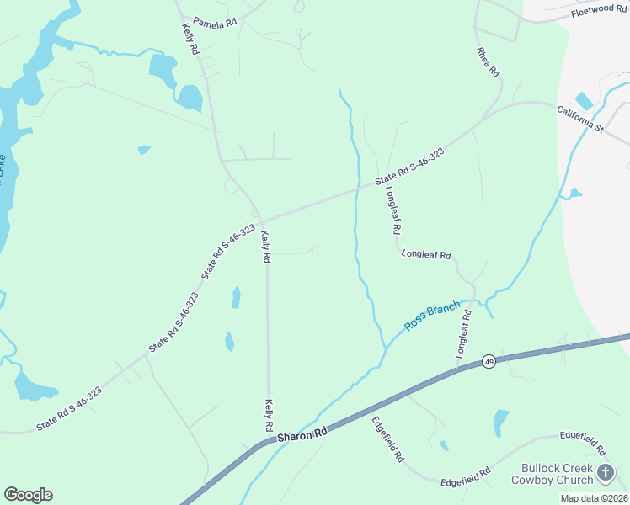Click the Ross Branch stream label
click(432, 316)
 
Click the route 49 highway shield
click(489, 361)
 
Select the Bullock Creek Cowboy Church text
click(557, 474)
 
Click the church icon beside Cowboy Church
click(606, 473)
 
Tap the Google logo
click(28, 495)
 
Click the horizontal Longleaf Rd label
click(427, 254)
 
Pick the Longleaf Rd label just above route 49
click(463, 334)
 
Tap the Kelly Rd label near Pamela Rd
click(190, 39)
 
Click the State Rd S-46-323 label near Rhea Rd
click(409, 167)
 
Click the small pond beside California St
click(584, 101)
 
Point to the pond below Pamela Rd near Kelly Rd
click(190, 98)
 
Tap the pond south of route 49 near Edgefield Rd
click(500, 420)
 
